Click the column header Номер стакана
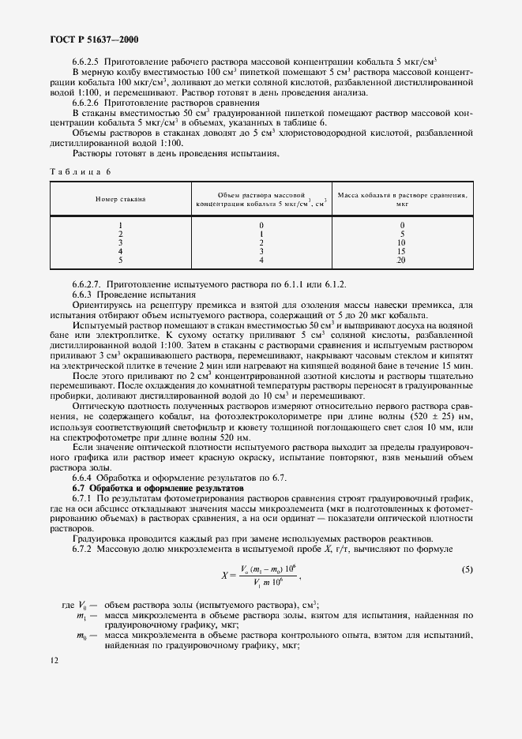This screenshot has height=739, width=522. [x=121, y=199]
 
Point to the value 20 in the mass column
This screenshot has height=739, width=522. [x=401, y=259]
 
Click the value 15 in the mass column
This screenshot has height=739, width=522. [x=401, y=251]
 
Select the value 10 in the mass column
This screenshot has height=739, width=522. [x=401, y=242]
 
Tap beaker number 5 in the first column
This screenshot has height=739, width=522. [x=121, y=259]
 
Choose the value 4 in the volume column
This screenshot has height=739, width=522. [x=261, y=259]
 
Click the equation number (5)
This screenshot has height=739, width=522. [x=467, y=569]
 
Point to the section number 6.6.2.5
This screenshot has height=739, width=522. [x=87, y=61]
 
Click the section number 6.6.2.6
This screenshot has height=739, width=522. [x=87, y=103]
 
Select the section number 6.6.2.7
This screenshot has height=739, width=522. [x=88, y=284]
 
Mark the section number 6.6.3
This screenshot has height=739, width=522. [x=82, y=294]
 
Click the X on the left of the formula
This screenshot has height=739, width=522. [x=225, y=576]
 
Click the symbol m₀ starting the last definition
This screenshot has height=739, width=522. [x=81, y=635]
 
